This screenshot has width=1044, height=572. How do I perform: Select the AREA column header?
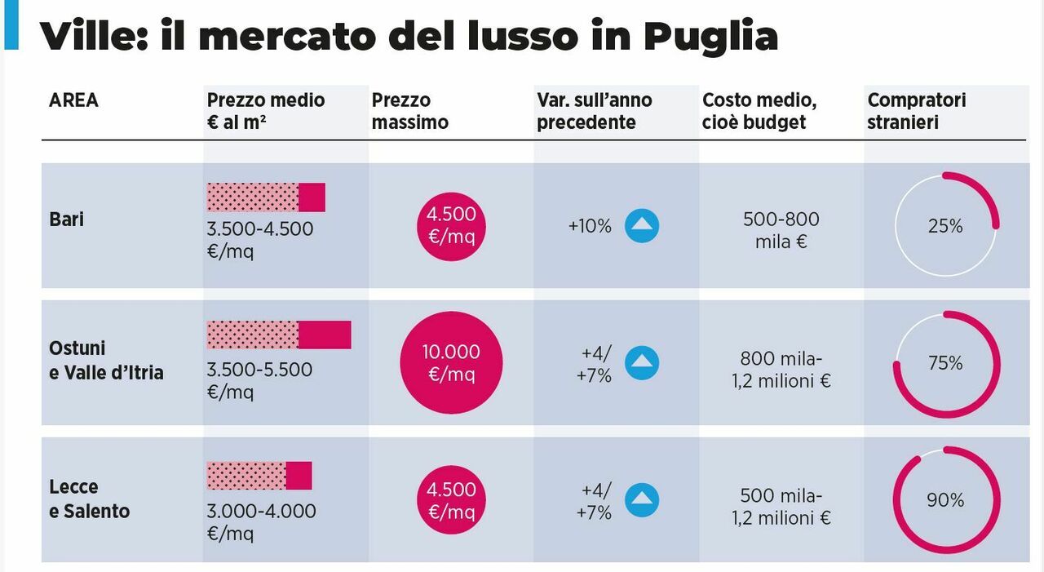click(x=73, y=100)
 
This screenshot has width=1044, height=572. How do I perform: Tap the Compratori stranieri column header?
click(x=916, y=111)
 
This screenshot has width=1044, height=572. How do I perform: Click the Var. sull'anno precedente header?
click(x=594, y=111)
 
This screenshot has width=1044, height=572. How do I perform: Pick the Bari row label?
click(x=67, y=219)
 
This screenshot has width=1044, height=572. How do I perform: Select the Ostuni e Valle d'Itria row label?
click(x=106, y=361)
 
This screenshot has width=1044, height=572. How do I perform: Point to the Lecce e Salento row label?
click(x=89, y=499)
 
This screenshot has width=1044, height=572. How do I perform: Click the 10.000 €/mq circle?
click(x=451, y=363)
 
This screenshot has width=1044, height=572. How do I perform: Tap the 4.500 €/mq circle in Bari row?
click(x=451, y=226)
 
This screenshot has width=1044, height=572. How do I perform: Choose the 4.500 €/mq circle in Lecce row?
click(x=451, y=500)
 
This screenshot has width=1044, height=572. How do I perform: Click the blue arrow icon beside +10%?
click(x=642, y=226)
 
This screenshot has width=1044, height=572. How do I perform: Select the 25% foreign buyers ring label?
click(x=945, y=226)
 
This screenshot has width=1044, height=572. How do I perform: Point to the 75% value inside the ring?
click(x=945, y=363)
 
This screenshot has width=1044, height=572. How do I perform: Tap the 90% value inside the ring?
click(x=945, y=500)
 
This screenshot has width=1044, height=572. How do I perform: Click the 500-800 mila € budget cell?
click(x=781, y=230)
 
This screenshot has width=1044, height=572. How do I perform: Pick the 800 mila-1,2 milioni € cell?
click(x=781, y=370)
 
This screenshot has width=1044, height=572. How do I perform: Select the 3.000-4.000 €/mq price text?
click(x=261, y=522)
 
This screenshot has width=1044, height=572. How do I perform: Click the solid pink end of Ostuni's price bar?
click(x=325, y=335)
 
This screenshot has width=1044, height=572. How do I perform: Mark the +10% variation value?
click(x=590, y=226)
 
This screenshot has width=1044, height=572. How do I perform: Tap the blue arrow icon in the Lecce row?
click(x=642, y=500)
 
